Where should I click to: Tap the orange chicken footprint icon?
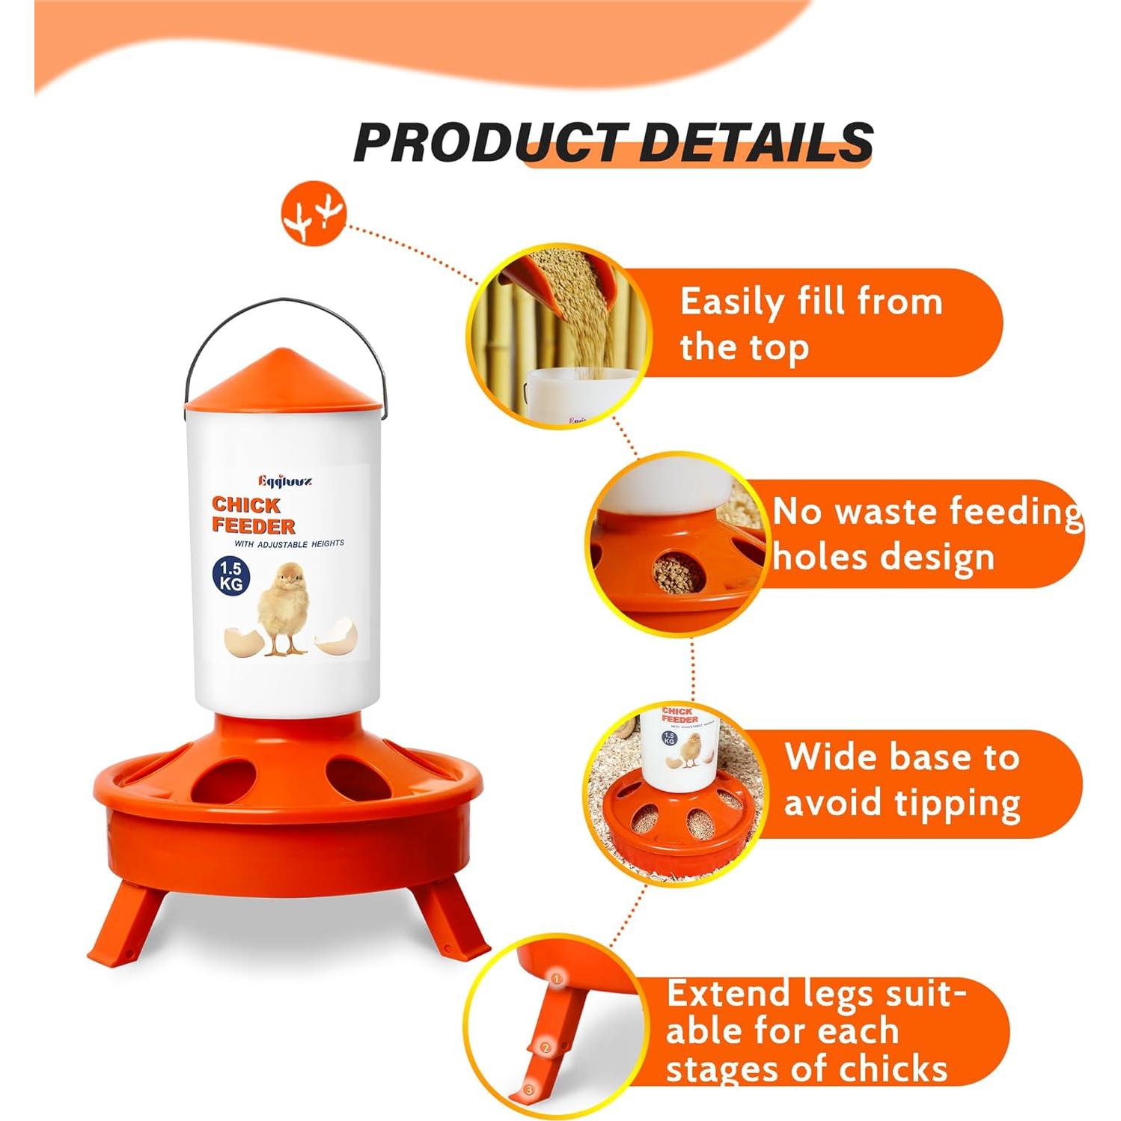click(x=314, y=213)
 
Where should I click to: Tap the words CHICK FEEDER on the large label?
click(x=253, y=515)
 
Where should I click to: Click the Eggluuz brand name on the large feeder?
click(x=285, y=480)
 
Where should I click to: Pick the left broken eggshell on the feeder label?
click(x=244, y=641)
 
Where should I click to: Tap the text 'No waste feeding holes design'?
click(x=926, y=534)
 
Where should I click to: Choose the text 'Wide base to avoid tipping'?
click(x=902, y=780)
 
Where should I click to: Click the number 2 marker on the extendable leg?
click(x=546, y=1048)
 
